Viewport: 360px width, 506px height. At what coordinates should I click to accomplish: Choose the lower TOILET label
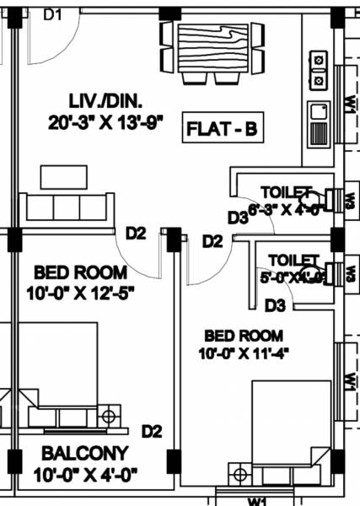click(293, 259)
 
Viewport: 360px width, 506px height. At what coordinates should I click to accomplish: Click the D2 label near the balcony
click(151, 432)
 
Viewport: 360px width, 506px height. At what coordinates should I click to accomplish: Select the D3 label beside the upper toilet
click(238, 217)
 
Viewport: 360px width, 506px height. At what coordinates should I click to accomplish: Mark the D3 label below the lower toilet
click(277, 304)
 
